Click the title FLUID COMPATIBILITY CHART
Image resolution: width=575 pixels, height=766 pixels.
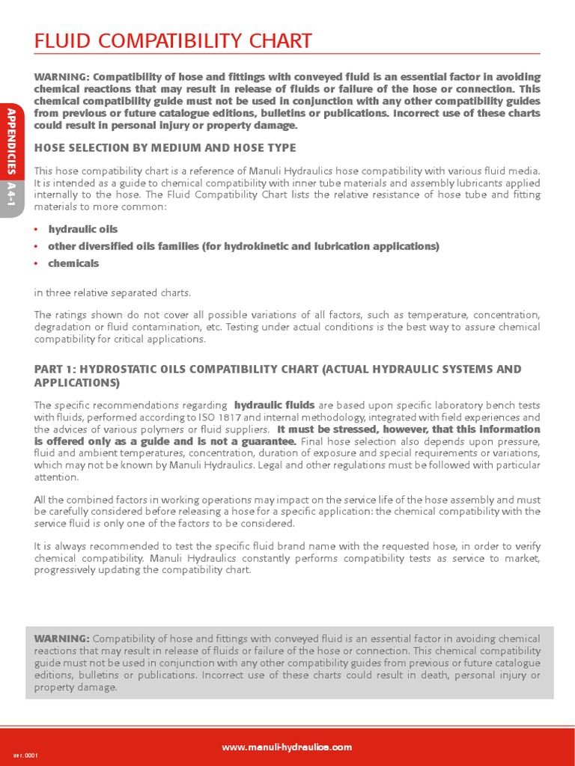pyautogui.click(x=173, y=41)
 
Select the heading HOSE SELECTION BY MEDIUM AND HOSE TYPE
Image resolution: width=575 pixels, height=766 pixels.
pyautogui.click(x=165, y=148)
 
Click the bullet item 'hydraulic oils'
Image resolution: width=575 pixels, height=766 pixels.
pyautogui.click(x=82, y=229)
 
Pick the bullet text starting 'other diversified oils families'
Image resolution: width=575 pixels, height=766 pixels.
pyautogui.click(x=243, y=246)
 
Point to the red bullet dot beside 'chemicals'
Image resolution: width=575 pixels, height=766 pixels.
pyautogui.click(x=37, y=263)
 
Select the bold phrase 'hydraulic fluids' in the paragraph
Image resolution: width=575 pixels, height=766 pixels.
pyautogui.click(x=274, y=405)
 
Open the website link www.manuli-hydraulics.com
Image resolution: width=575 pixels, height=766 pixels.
pyautogui.click(x=287, y=747)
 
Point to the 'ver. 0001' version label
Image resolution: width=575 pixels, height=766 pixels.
pyautogui.click(x=25, y=755)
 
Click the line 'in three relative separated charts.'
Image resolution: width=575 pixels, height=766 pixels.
pyautogui.click(x=111, y=292)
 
